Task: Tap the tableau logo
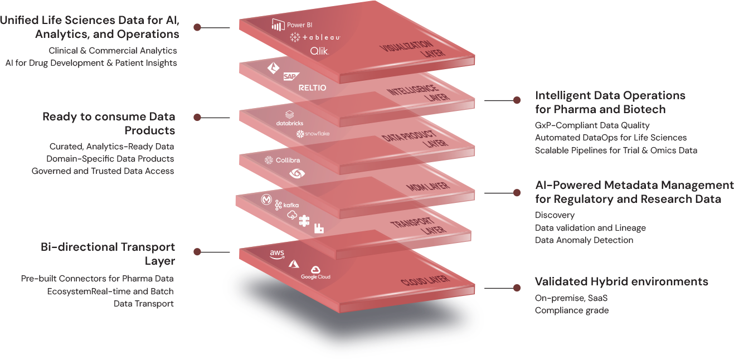[315, 37]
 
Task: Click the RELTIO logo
[312, 87]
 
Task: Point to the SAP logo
[290, 77]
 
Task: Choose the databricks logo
[289, 118]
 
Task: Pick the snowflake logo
[313, 134]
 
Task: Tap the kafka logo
[287, 206]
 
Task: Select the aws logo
[277, 254]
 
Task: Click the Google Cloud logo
[316, 273]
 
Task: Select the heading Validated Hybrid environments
[621, 281]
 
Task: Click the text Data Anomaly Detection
[584, 240]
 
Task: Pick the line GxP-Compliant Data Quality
[592, 125]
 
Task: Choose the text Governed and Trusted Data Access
[103, 171]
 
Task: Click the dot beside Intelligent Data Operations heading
[517, 101]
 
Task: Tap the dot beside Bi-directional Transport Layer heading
[197, 252]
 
